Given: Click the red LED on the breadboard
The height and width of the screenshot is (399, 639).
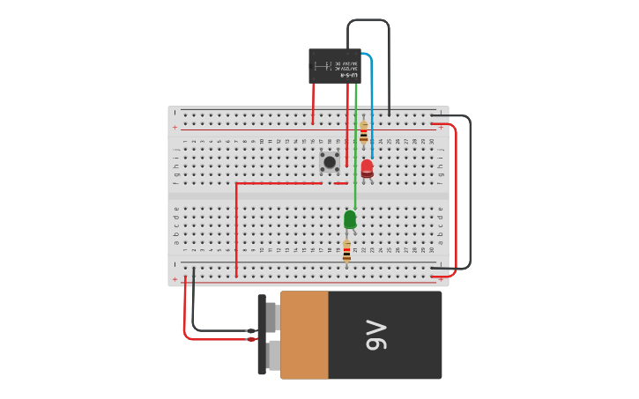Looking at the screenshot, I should [x=367, y=167].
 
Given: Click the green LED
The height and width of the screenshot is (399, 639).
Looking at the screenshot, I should [x=350, y=218].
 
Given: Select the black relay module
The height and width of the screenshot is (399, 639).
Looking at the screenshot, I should [x=334, y=66].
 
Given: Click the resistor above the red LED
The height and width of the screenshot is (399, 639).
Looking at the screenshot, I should [x=363, y=134].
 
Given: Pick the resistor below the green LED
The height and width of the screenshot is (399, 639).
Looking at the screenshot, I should [x=346, y=251].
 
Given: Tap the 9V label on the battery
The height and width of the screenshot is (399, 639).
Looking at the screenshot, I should [x=376, y=336].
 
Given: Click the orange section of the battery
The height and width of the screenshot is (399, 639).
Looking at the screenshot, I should [x=304, y=336].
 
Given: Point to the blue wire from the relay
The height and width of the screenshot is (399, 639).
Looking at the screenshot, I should [x=372, y=97].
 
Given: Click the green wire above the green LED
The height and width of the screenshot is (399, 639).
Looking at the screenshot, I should [x=355, y=150].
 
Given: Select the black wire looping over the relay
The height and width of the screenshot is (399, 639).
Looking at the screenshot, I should [x=368, y=20].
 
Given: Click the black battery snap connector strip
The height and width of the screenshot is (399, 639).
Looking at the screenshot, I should [x=262, y=335].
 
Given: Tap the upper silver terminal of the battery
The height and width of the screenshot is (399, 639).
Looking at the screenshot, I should [x=271, y=317].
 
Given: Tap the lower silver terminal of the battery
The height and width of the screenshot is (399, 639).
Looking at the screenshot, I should [x=273, y=355].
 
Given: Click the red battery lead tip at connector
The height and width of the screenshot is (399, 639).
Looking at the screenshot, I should [x=251, y=339].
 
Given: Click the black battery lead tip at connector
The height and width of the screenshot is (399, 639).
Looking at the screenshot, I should [x=250, y=331].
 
